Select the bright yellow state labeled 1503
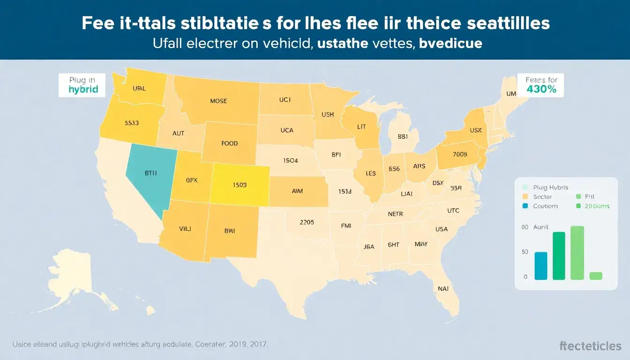[240, 185]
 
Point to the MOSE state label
[218, 101]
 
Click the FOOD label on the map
[229, 143]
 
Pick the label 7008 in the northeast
[460, 154]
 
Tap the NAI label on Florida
[443, 289]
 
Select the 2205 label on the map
[307, 222]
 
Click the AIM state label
[297, 191]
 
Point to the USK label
[475, 117]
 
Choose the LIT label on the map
[361, 127]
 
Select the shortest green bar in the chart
[595, 276]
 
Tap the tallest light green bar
[577, 253]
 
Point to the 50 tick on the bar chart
[525, 252]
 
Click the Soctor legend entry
[542, 197]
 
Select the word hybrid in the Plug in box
[83, 89]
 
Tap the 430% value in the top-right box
[541, 89]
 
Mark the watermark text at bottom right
[590, 346]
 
